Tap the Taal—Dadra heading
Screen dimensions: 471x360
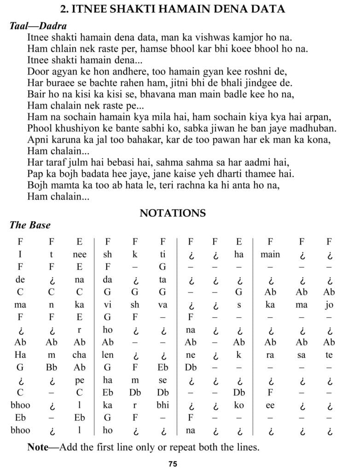pyautogui.click(x=38, y=26)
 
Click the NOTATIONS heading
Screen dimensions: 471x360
pyautogui.click(x=173, y=213)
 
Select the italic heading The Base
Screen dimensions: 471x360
pyautogui.click(x=30, y=225)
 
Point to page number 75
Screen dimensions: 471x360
pyautogui.click(x=173, y=464)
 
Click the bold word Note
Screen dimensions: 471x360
pyautogui.click(x=37, y=447)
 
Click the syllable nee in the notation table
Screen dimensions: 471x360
pyautogui.click(x=80, y=255)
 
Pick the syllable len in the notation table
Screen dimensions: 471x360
pyautogui.click(x=108, y=355)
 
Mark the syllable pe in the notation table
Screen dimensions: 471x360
pyautogui.click(x=80, y=380)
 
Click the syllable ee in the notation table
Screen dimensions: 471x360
pyautogui.click(x=270, y=405)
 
